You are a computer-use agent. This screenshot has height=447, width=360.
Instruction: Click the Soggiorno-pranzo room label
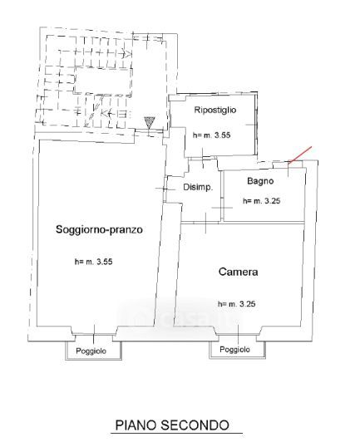click(x=99, y=229)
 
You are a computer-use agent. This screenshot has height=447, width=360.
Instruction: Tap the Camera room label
click(x=238, y=272)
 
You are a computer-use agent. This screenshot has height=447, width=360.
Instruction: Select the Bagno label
click(x=260, y=181)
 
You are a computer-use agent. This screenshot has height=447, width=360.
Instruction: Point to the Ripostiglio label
click(x=215, y=110)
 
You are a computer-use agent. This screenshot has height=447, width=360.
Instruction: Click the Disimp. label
click(x=198, y=188)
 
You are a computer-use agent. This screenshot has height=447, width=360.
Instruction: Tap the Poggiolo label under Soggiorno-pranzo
click(x=91, y=351)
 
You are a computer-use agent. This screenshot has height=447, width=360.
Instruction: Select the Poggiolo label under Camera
click(x=234, y=350)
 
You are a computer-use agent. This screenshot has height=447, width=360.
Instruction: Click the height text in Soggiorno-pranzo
click(x=94, y=262)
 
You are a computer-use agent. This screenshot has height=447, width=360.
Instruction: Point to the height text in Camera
click(x=236, y=304)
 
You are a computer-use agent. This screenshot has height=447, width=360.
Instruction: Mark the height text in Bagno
click(x=262, y=201)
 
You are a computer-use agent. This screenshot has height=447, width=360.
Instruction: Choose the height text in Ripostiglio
click(x=211, y=135)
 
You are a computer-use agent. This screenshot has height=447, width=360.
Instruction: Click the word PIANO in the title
click(x=136, y=425)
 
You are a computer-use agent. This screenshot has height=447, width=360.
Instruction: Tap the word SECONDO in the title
click(x=195, y=425)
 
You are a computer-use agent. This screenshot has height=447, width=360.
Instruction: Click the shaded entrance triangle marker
click(x=150, y=123)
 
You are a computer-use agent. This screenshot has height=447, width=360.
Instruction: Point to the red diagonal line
click(x=300, y=155)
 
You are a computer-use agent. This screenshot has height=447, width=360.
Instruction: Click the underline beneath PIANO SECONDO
click(x=176, y=434)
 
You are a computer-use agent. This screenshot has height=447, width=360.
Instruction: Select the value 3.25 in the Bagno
click(x=273, y=201)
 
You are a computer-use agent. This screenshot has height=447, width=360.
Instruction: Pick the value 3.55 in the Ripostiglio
click(x=223, y=135)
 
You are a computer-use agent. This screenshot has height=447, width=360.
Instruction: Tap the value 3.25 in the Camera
click(x=247, y=304)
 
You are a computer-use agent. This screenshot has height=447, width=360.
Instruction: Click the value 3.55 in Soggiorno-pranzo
click(x=105, y=262)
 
